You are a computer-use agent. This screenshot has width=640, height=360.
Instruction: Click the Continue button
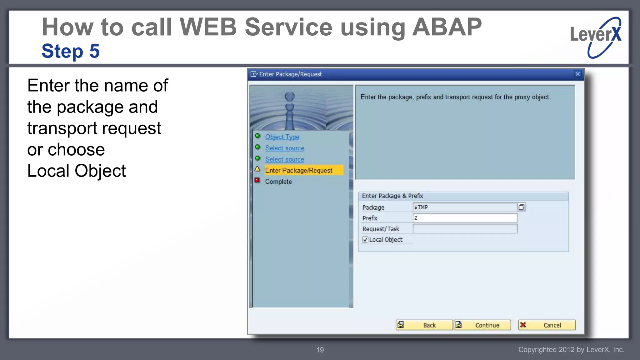click(x=482, y=325)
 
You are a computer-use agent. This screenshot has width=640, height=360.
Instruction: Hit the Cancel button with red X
click(x=547, y=325)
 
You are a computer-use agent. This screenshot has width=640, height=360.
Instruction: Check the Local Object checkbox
click(x=365, y=240)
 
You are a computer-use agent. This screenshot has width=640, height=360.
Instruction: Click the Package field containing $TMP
click(x=464, y=207)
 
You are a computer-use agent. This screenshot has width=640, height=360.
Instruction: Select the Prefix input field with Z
click(x=464, y=218)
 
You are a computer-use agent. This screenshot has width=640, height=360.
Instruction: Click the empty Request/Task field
click(x=464, y=229)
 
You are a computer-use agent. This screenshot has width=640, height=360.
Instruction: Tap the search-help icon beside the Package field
click(x=521, y=207)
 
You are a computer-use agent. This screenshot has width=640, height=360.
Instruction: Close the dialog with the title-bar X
click(x=577, y=74)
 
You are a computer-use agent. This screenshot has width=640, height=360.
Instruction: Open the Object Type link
click(x=282, y=137)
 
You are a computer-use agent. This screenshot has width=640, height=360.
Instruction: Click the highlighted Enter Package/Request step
click(x=298, y=170)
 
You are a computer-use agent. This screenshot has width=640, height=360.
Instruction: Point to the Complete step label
click(x=278, y=182)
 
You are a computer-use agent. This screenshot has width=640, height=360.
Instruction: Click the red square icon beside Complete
click(x=257, y=180)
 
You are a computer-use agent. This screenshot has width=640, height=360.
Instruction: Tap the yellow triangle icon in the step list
click(x=257, y=169)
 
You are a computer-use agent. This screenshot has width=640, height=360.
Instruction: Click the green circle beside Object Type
click(x=257, y=136)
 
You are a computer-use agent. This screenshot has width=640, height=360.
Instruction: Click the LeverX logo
click(x=596, y=37)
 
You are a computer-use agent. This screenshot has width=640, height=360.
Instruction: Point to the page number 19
click(x=320, y=350)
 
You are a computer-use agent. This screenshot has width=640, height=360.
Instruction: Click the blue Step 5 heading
click(x=71, y=51)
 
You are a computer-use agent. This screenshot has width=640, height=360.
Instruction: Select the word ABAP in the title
click(x=447, y=27)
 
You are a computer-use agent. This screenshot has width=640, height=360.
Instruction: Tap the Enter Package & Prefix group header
click(x=392, y=196)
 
